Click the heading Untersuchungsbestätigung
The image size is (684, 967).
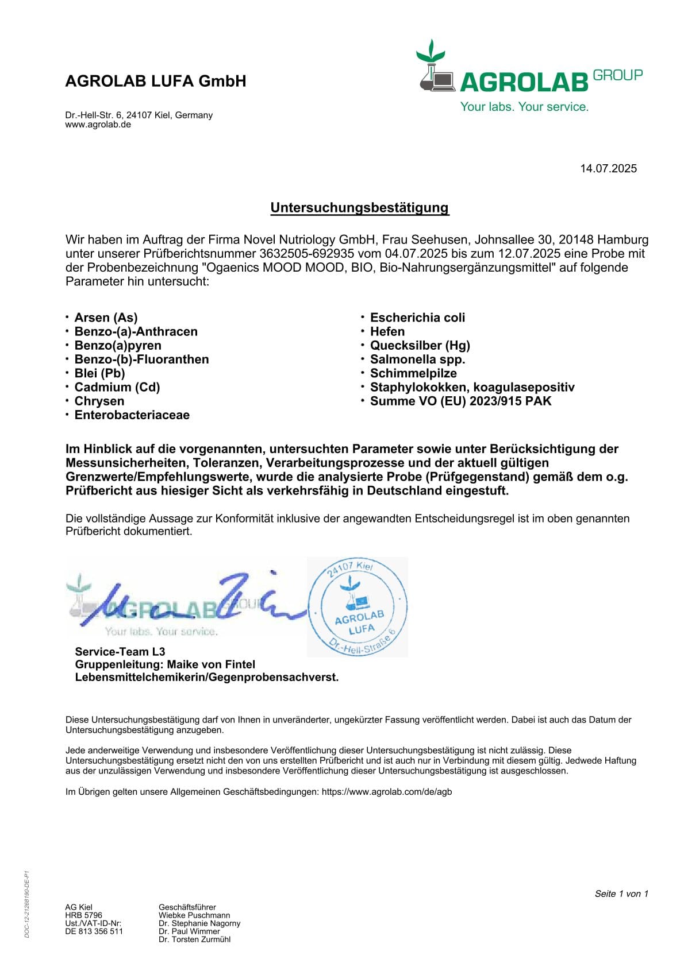pyautogui.click(x=359, y=208)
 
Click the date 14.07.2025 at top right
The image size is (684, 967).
pyautogui.click(x=608, y=168)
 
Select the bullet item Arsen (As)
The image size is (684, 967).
pyautogui.click(x=106, y=318)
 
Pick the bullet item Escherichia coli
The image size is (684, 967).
pyautogui.click(x=417, y=318)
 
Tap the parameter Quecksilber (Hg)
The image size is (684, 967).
pyautogui.click(x=420, y=345)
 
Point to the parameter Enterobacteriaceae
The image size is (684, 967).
pyautogui.click(x=132, y=415)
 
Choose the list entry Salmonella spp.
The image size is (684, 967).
pyautogui.click(x=417, y=359)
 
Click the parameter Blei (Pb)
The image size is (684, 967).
pyautogui.click(x=99, y=373)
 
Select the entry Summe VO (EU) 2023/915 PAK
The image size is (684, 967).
pyautogui.click(x=460, y=401)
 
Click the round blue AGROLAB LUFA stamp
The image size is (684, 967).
pyautogui.click(x=359, y=607)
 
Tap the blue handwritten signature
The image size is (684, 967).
pyautogui.click(x=190, y=603)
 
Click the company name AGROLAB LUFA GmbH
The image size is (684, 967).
pyautogui.click(x=156, y=81)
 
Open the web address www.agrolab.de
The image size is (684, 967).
pyautogui.click(x=98, y=125)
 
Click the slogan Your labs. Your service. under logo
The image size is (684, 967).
pyautogui.click(x=524, y=107)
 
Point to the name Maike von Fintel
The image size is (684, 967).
pyautogui.click(x=211, y=664)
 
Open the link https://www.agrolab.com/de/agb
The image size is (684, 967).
pyautogui.click(x=386, y=791)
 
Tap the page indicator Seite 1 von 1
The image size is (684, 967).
pyautogui.click(x=621, y=893)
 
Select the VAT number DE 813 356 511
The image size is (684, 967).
pyautogui.click(x=94, y=931)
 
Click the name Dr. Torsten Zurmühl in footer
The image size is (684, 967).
pyautogui.click(x=194, y=939)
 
